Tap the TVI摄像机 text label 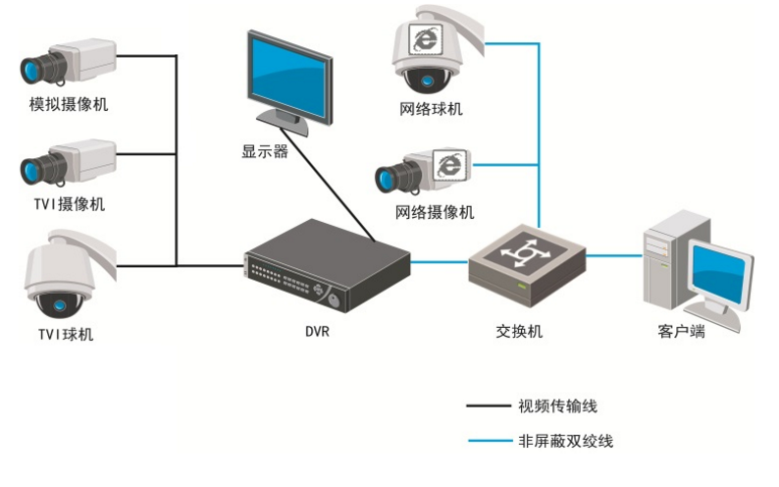click(x=69, y=204)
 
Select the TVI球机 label click(x=66, y=334)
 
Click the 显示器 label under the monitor click(x=265, y=152)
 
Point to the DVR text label click(x=317, y=331)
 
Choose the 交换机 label click(x=520, y=331)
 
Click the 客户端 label click(x=681, y=331)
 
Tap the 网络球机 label click(x=431, y=109)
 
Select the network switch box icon click(x=526, y=260)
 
